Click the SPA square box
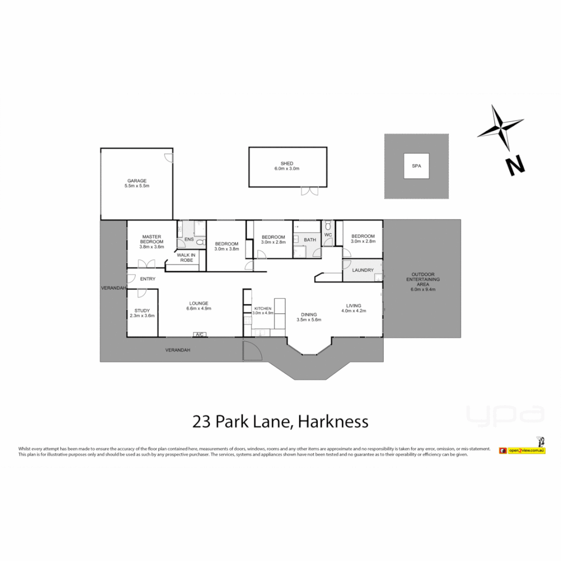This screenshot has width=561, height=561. point(417,166)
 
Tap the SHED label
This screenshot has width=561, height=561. point(287,164)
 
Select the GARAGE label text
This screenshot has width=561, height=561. point(137,181)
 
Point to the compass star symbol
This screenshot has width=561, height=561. point(500,127)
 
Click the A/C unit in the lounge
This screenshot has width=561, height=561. point(199,334)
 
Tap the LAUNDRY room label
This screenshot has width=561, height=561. point(363,270)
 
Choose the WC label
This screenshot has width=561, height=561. point(328,234)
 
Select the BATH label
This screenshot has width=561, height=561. point(310,239)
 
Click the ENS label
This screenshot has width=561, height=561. point(189,239)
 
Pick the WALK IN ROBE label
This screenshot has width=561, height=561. point(185,257)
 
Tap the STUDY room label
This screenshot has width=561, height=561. point(142,311)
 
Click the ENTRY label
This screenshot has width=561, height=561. point(148,279)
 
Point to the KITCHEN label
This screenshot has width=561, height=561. point(262,309)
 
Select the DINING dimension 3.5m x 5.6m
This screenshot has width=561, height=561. point(309,320)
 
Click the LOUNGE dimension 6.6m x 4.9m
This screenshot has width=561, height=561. point(198,309)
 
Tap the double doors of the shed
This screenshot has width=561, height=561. point(310,191)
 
